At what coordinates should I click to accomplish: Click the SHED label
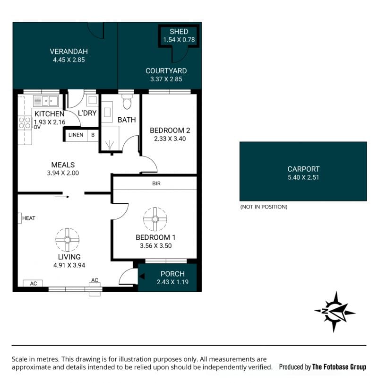tap(179, 32)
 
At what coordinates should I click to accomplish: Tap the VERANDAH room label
tap(69, 52)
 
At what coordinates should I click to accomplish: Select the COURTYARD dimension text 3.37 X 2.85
tap(166, 79)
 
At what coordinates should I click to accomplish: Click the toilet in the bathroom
tap(127, 102)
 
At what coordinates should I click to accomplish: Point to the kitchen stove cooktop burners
tap(25, 122)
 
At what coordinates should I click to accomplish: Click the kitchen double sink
tap(46, 101)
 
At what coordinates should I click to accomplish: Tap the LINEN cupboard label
tap(76, 135)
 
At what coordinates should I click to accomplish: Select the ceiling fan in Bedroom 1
tap(155, 219)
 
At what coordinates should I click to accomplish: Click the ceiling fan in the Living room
tap(68, 240)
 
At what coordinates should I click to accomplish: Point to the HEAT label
tap(29, 218)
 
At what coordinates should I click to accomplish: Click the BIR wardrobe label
tap(156, 183)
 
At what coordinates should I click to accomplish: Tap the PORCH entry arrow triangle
tap(142, 276)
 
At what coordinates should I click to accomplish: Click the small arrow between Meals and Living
tap(62, 197)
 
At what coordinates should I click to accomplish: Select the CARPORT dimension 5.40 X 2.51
tap(303, 177)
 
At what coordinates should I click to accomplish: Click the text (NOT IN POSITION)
tap(264, 207)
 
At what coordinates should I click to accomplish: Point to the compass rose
tap(335, 312)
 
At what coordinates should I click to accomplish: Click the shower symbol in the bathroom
tap(110, 144)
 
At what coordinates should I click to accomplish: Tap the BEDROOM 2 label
tap(170, 131)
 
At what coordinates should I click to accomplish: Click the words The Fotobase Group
tap(339, 366)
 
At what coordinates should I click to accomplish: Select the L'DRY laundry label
tap(87, 113)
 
